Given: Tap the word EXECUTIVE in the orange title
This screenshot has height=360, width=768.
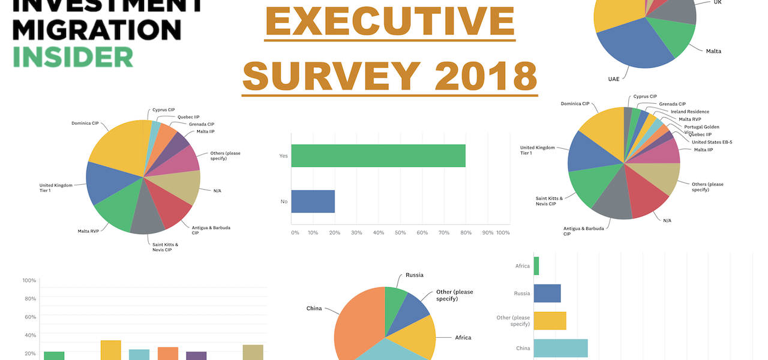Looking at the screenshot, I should pyautogui.click(x=390, y=21).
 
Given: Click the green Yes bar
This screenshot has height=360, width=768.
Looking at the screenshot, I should pyautogui.click(x=378, y=155).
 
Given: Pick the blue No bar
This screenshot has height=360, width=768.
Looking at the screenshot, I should pyautogui.click(x=313, y=201).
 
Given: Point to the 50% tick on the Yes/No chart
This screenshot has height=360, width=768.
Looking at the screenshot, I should pyautogui.click(x=400, y=233).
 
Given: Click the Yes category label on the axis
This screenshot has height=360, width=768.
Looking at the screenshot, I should pyautogui.click(x=283, y=155).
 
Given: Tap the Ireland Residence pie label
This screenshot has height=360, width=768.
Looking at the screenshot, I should pyautogui.click(x=689, y=112).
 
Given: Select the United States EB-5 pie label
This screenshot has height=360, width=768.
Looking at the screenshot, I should pyautogui.click(x=712, y=142).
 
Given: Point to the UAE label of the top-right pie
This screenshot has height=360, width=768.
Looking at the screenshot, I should pyautogui.click(x=613, y=78).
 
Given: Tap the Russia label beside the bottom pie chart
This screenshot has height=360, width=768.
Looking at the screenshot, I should pyautogui.click(x=414, y=275).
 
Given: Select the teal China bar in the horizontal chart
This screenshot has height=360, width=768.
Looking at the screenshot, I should pyautogui.click(x=560, y=349).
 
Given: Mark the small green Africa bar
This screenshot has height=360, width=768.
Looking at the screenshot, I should pyautogui.click(x=536, y=266).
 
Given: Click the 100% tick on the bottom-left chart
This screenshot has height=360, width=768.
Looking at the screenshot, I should pyautogui.click(x=29, y=280).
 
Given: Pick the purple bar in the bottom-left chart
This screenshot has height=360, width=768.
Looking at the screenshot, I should pyautogui.click(x=196, y=355).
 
